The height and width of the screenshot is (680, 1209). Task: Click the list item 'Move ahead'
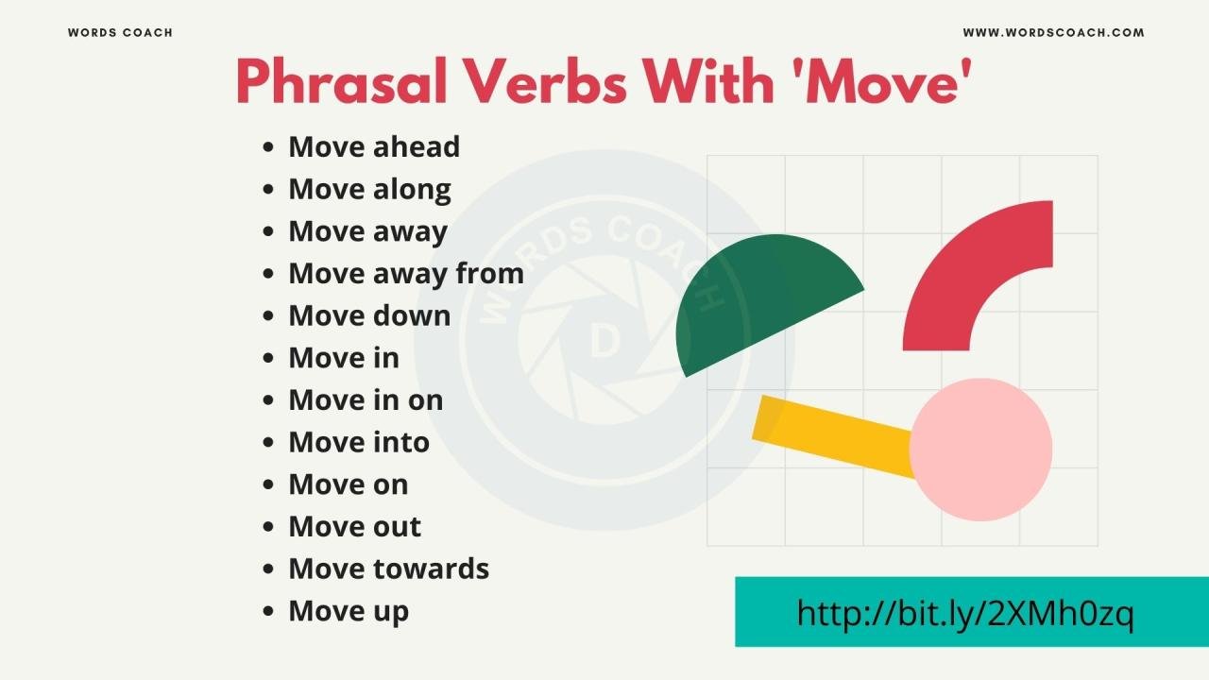click(x=374, y=147)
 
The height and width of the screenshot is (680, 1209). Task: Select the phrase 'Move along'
click(x=369, y=190)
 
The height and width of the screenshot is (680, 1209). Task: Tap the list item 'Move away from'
click(x=405, y=274)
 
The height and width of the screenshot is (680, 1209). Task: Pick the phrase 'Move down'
click(x=369, y=315)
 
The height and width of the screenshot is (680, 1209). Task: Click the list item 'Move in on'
click(x=366, y=400)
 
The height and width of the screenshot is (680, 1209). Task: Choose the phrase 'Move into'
click(x=359, y=442)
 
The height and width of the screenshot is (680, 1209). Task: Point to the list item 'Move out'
click(x=355, y=527)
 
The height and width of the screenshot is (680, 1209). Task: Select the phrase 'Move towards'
click(x=388, y=569)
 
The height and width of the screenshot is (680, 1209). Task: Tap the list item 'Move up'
click(x=349, y=611)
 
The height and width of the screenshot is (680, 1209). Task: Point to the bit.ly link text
click(x=964, y=613)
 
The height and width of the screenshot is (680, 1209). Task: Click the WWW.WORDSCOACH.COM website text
click(x=1053, y=33)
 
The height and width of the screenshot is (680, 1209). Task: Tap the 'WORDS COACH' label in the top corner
click(x=120, y=33)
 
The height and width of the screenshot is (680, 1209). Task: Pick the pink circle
click(x=982, y=450)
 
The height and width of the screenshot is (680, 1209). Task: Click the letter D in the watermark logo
click(x=604, y=343)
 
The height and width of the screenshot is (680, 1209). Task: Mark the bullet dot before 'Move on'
click(x=269, y=485)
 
